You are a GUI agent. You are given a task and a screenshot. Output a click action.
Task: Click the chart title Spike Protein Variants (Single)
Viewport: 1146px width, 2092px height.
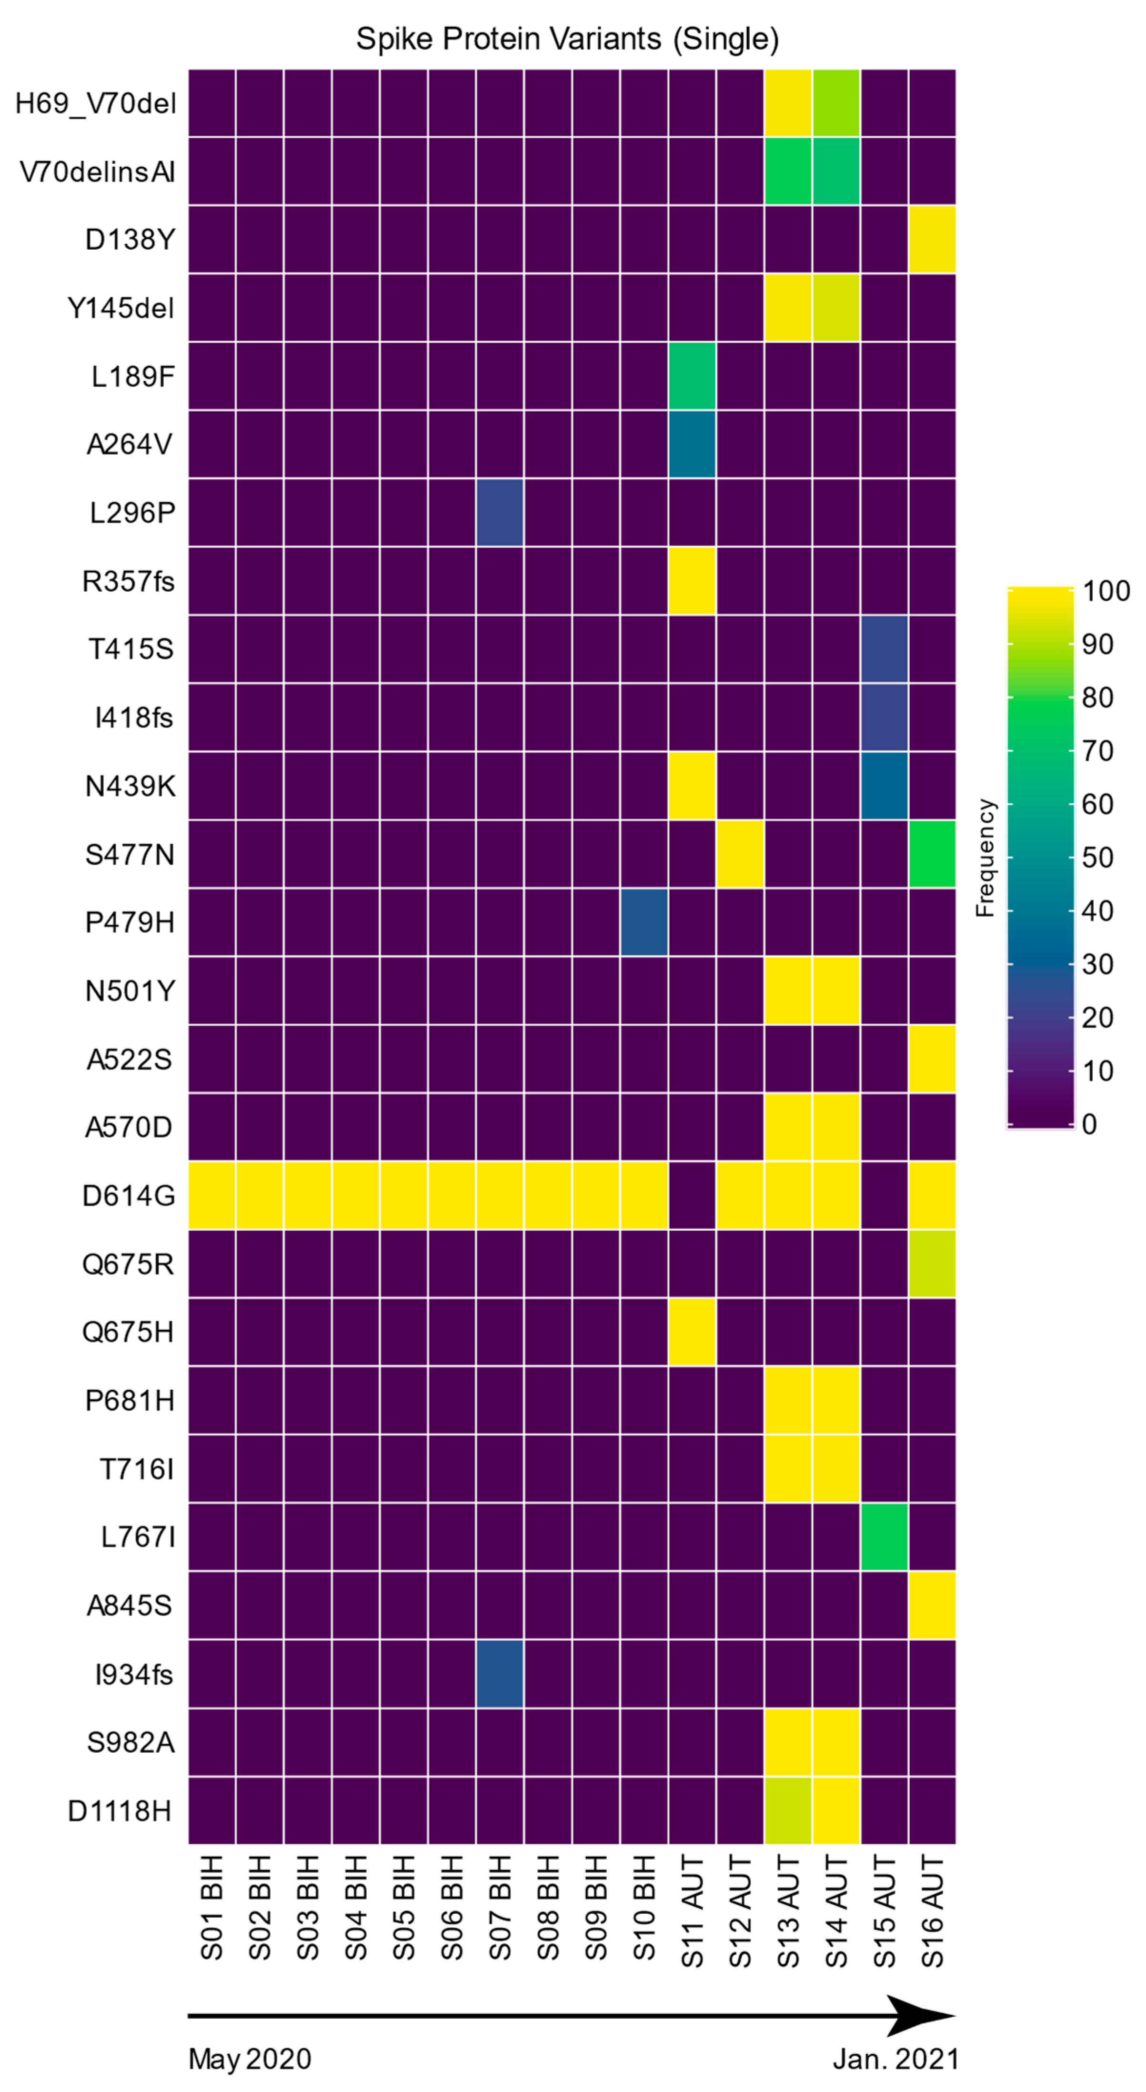pyautogui.click(x=567, y=39)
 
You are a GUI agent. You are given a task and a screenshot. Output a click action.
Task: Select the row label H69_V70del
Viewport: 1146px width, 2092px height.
pyautogui.click(x=96, y=104)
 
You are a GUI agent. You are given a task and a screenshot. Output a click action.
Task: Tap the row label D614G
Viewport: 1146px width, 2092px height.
pyautogui.click(x=128, y=1195)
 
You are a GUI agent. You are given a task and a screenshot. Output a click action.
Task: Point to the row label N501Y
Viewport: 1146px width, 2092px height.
pyautogui.click(x=130, y=991)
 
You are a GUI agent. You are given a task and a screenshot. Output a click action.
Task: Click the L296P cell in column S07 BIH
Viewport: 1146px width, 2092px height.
pyautogui.click(x=500, y=513)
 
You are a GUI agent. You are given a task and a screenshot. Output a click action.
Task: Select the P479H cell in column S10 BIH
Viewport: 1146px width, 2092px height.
pyautogui.click(x=644, y=922)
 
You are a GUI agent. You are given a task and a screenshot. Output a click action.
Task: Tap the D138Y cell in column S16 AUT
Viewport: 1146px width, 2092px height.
pyautogui.click(x=933, y=240)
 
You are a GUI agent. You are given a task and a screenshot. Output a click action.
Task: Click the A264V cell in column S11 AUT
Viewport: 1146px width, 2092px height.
pyautogui.click(x=692, y=444)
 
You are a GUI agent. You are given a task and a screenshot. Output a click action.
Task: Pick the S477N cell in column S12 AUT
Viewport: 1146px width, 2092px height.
pyautogui.click(x=740, y=854)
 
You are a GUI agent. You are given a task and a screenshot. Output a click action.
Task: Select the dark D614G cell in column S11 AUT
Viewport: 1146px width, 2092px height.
pyautogui.click(x=692, y=1195)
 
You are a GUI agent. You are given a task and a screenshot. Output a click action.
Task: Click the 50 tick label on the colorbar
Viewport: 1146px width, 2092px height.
pyautogui.click(x=1097, y=858)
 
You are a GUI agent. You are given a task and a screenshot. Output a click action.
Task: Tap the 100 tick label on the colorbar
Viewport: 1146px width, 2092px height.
pyautogui.click(x=1106, y=591)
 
